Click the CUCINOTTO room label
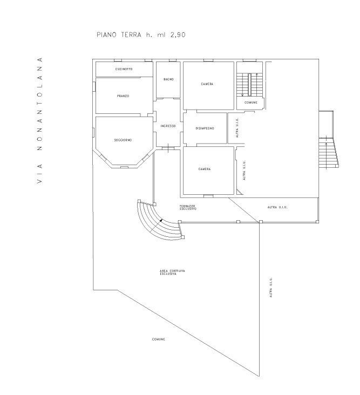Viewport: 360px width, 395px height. (124, 70)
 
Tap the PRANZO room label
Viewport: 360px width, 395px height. (123, 96)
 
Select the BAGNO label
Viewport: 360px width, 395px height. (168, 80)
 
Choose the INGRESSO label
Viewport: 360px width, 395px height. (168, 126)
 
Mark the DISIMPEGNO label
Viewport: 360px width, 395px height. (205, 128)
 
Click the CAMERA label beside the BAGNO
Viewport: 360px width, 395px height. (207, 84)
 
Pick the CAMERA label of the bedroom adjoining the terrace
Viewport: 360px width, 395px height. (204, 169)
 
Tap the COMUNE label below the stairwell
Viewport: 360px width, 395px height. (250, 103)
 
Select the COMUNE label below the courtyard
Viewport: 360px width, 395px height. (158, 339)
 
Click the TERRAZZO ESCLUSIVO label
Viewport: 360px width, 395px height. (187, 208)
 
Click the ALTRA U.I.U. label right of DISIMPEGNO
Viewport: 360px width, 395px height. (237, 128)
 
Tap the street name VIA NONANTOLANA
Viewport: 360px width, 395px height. (39, 119)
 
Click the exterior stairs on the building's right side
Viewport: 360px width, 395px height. (328, 153)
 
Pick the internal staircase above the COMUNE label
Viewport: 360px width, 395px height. (249, 84)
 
